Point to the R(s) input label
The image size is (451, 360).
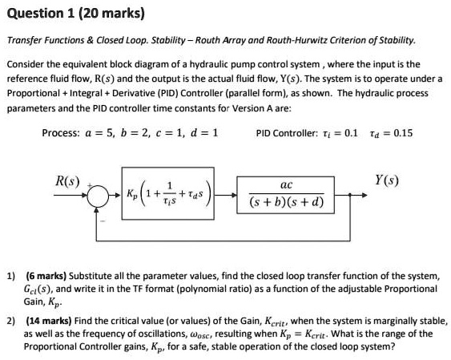click(x=67, y=181)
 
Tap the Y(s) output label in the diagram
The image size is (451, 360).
click(x=387, y=180)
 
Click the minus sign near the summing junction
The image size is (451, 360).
click(x=103, y=221)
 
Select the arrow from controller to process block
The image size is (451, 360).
click(x=226, y=195)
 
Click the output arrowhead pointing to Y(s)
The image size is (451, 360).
click(x=364, y=195)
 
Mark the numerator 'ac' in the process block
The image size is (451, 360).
click(x=286, y=185)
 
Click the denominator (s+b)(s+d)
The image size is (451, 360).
click(x=287, y=202)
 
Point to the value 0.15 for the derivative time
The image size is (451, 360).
click(x=403, y=133)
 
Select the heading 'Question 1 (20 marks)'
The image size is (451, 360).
click(x=76, y=14)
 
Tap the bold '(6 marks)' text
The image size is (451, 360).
click(x=46, y=276)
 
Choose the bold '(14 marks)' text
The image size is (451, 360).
click(x=49, y=321)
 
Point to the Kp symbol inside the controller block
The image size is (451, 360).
click(x=132, y=194)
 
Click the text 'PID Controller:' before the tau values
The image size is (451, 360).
click(x=287, y=133)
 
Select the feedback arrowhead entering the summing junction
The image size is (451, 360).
click(x=97, y=210)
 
